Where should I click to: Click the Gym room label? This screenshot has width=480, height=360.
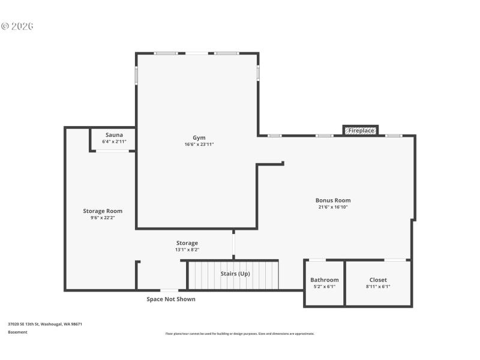(199, 137)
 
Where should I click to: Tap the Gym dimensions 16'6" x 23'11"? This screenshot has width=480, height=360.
(199, 145)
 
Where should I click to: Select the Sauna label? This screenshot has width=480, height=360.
(114, 135)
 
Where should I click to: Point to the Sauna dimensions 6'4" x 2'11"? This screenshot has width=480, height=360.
(114, 142)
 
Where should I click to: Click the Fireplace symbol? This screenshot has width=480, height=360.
(361, 130)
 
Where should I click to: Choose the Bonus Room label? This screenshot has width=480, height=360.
(333, 200)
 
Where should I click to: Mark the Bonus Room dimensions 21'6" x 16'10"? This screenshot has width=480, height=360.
(333, 208)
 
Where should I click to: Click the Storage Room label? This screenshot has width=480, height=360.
(103, 211)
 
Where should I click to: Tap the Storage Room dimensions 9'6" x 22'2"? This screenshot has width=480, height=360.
(103, 218)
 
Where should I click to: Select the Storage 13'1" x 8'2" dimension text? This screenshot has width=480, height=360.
(187, 250)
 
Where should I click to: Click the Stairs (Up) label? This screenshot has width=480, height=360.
(235, 274)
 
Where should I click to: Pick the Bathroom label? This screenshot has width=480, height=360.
(324, 280)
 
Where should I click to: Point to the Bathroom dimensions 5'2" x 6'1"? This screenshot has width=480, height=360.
(324, 287)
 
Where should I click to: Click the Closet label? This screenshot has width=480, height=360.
(378, 280)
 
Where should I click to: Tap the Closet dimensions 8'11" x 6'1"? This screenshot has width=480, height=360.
(378, 287)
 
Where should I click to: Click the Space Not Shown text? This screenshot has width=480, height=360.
(171, 299)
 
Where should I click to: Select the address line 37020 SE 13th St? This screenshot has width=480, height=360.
(45, 324)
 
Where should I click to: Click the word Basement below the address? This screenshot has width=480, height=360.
(17, 332)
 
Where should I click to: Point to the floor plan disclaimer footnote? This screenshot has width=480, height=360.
(239, 334)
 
